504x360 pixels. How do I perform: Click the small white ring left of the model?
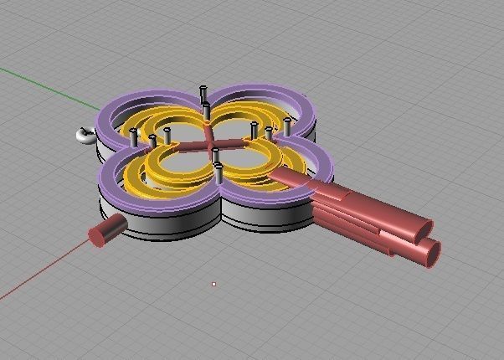pos(84,135)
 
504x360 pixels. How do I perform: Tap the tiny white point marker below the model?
pos(214,285)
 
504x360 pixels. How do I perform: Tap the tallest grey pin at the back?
pos(203,95)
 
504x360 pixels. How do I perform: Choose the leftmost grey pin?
pos(134,137)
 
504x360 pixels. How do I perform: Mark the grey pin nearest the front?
pos(219,173)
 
